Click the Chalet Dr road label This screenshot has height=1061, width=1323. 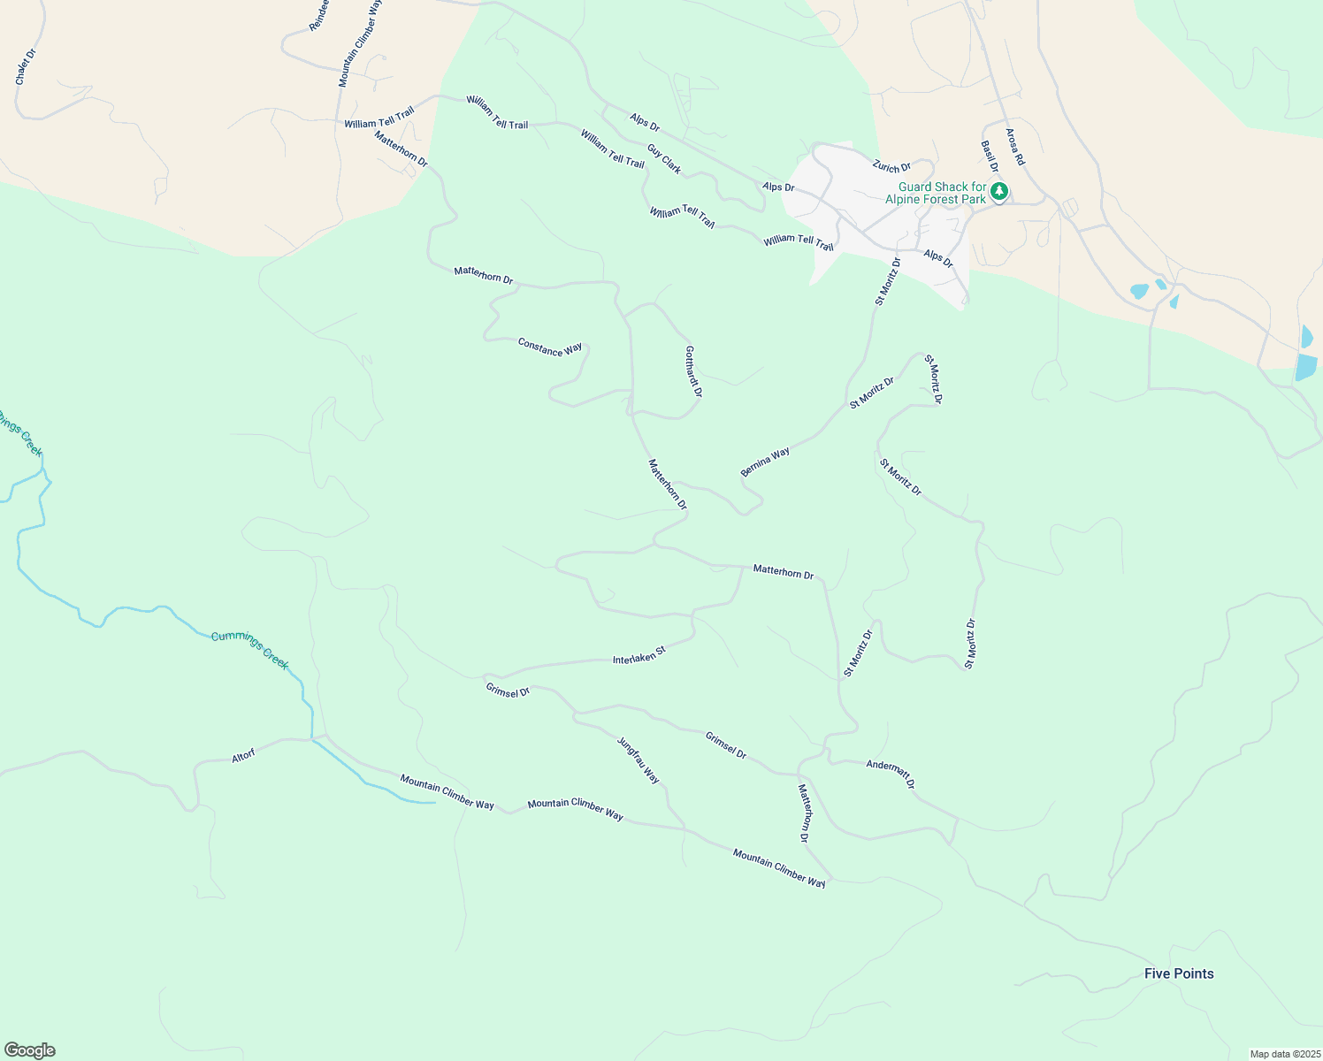pos(25,67)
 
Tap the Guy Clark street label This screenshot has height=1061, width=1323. pos(664,159)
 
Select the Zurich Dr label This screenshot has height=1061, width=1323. pos(891,166)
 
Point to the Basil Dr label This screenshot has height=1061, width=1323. pos(989,156)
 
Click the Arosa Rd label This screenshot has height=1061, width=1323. pos(1014,148)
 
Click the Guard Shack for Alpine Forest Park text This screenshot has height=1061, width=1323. pos(941,193)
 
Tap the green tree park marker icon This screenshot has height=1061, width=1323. pos(999,191)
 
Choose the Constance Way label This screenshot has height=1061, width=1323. pos(550,348)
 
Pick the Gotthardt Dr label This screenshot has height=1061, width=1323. pos(693,371)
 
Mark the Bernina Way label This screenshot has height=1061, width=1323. pos(765,462)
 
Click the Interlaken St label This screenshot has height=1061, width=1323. pos(639,656)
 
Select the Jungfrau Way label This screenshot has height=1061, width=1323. pos(638,759)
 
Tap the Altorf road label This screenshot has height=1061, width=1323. pos(243,756)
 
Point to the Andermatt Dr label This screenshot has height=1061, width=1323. pos(891,774)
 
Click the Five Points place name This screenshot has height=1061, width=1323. pos(1179,973)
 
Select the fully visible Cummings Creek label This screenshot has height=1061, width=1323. pos(249,650)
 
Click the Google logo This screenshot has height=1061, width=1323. pos(30,1050)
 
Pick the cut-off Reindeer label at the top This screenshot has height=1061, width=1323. pos(319,16)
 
